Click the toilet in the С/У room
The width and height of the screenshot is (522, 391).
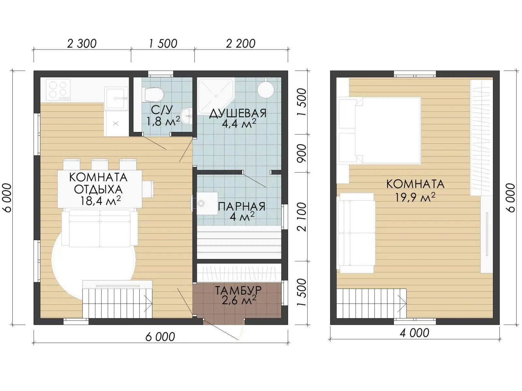tap(154, 95)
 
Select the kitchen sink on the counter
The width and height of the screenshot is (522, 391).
tap(116, 98)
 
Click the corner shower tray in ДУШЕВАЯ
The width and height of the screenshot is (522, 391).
tap(216, 96)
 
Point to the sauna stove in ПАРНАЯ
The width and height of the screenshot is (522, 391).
tap(205, 203)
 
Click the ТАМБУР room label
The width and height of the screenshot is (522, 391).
tap(238, 290)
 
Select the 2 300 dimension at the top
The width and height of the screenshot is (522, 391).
tap(82, 44)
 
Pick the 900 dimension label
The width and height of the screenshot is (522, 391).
tap(302, 153)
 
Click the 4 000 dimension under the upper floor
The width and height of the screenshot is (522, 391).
tap(414, 333)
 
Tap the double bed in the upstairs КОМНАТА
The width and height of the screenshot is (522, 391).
tap(380, 131)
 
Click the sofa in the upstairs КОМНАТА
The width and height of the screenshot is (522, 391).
tap(356, 233)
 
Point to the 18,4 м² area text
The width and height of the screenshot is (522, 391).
tap(100, 201)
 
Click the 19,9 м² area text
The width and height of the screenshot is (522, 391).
tap(415, 197)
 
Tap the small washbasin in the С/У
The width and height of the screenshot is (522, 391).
tap(186, 116)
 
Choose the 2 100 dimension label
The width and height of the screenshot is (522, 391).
tap(302, 217)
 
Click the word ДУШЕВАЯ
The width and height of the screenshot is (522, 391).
tap(238, 113)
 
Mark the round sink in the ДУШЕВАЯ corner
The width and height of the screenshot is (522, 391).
tap(266, 90)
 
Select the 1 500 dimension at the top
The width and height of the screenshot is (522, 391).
tap(163, 44)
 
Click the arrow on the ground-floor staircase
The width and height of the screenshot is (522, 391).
tap(148, 303)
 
